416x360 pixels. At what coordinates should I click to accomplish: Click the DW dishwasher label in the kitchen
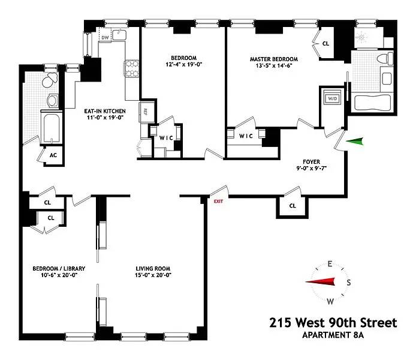105,37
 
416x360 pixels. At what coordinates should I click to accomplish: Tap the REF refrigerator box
146,111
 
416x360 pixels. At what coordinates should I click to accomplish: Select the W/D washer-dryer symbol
333,98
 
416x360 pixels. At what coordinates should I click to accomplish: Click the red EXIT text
218,202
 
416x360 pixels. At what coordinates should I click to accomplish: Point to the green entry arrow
354,142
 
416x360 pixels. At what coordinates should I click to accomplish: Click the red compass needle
320,281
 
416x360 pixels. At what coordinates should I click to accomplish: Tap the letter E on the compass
330,264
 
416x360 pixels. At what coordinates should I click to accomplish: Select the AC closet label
53,155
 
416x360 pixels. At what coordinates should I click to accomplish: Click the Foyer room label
312,161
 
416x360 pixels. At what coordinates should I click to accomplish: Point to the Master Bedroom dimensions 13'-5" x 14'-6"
274,65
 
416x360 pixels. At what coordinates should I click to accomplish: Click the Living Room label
153,269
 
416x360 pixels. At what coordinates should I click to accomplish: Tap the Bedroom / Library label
59,269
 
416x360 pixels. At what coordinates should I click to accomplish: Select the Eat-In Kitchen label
105,111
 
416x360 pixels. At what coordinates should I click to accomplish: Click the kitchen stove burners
132,69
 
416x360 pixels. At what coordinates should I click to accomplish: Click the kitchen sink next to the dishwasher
119,35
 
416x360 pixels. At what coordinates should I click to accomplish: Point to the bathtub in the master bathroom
372,103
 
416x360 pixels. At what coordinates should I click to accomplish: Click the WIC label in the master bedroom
246,136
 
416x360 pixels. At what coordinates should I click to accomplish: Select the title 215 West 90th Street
333,323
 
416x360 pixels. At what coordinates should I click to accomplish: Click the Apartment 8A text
333,335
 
